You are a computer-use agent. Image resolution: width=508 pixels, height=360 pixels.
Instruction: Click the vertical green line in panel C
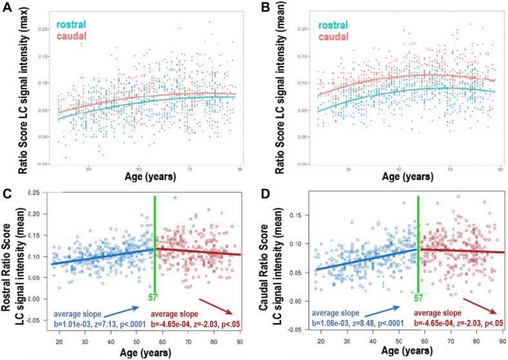point(155,245)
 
